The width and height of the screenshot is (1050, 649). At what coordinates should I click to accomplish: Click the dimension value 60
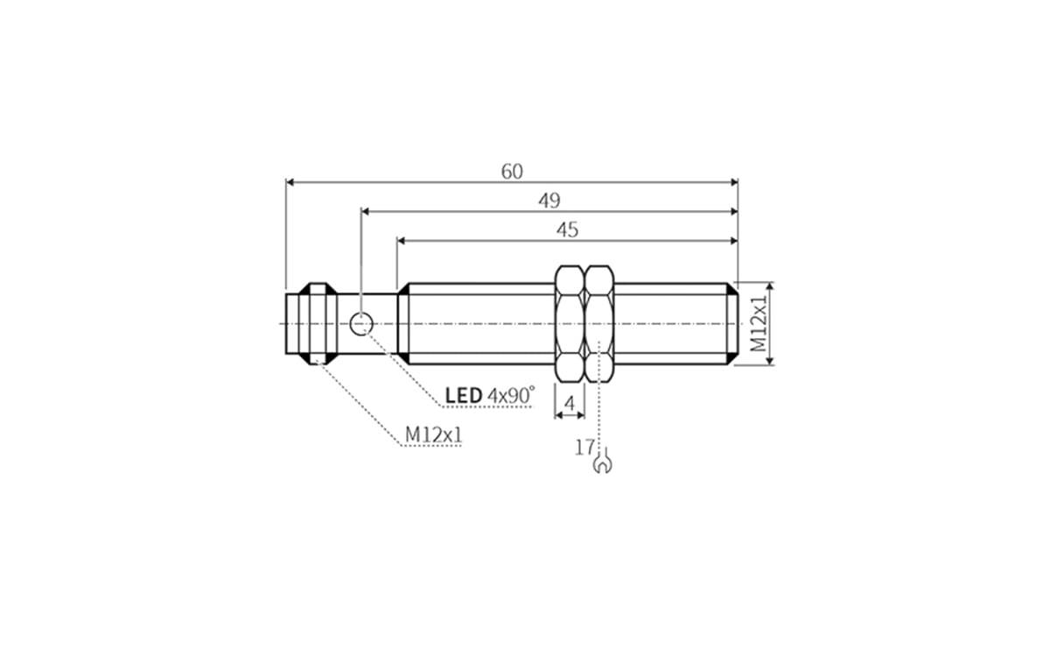click(x=512, y=172)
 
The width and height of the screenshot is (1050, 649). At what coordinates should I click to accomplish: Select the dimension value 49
click(x=549, y=201)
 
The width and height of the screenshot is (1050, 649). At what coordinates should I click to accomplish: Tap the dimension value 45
click(x=567, y=229)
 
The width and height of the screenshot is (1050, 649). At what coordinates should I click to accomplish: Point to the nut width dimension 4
click(x=570, y=404)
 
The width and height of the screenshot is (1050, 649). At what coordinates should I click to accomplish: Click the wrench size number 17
click(x=584, y=448)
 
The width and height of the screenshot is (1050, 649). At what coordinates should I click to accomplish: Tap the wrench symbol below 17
click(x=602, y=463)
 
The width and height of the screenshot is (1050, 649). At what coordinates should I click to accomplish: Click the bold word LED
click(x=463, y=396)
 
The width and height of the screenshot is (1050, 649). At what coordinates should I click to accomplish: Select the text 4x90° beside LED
click(x=510, y=396)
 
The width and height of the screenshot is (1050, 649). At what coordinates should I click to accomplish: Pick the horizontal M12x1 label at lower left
click(x=432, y=434)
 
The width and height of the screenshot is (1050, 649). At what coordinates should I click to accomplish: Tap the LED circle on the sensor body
click(x=360, y=324)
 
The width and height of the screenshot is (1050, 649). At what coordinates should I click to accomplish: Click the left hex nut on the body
click(x=570, y=324)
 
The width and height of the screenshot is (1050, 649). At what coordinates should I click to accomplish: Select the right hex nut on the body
click(x=599, y=324)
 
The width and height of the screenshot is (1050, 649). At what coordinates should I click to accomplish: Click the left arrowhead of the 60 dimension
click(x=290, y=182)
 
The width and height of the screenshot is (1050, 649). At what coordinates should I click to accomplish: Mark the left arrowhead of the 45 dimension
click(x=402, y=240)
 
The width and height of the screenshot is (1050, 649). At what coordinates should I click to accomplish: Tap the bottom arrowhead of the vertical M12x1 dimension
click(x=770, y=362)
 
